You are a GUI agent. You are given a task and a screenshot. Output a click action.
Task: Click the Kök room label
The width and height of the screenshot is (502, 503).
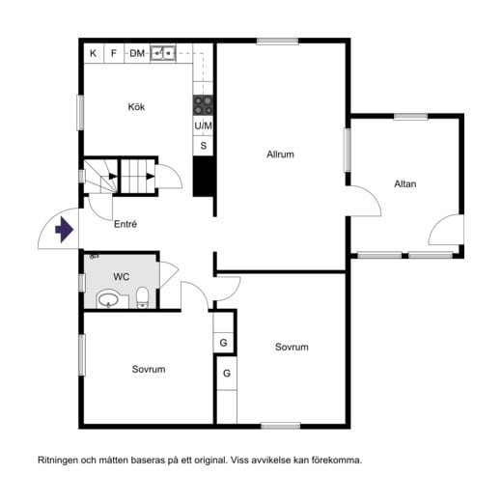[x=136, y=106]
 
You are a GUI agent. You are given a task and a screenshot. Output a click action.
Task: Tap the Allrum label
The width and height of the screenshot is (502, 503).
[x=280, y=154]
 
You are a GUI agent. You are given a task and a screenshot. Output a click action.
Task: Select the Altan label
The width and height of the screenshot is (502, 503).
[x=405, y=183]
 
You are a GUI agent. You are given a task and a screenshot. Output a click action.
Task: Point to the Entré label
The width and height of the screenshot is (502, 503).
[x=125, y=224]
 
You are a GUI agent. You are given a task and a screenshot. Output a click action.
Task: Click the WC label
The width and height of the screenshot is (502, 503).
[x=122, y=276]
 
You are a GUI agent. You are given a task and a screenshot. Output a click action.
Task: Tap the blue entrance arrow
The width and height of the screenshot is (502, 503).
[x=65, y=230]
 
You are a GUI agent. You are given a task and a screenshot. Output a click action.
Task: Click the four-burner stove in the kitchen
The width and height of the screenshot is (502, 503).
[x=203, y=105]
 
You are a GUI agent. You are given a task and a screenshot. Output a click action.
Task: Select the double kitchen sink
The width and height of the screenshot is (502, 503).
[x=163, y=53]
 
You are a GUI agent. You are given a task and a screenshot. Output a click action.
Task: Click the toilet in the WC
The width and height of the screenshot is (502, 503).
[x=142, y=297]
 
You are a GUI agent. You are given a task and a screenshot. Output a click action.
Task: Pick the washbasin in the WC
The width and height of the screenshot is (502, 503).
[x=108, y=300]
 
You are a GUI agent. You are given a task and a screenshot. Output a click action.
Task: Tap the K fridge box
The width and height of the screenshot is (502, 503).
[x=94, y=53]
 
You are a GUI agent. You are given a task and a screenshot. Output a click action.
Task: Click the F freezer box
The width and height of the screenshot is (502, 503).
[x=114, y=53]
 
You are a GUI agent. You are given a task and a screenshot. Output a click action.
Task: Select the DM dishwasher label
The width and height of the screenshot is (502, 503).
[x=137, y=53]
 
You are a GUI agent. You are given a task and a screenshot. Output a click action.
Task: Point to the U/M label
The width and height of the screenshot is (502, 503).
[x=203, y=126]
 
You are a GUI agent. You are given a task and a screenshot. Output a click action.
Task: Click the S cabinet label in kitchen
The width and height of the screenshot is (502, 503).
[x=204, y=146]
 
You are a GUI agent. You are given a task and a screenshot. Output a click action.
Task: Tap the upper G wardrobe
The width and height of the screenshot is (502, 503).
[x=223, y=343]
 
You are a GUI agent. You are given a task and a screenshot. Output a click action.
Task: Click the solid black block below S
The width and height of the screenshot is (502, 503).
[x=204, y=177]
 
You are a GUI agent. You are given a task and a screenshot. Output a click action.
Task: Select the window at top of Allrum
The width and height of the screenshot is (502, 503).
[x=277, y=41]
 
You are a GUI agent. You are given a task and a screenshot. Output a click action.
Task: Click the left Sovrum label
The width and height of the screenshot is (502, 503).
[x=149, y=369]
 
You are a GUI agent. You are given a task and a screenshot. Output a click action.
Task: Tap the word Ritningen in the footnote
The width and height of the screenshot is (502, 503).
[x=58, y=461]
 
